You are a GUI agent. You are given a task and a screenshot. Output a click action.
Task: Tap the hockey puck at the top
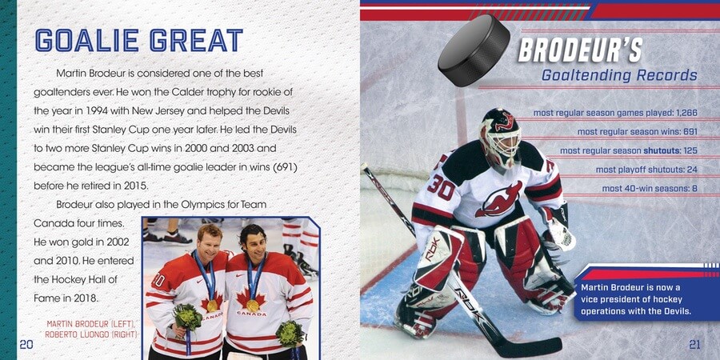click(474, 50)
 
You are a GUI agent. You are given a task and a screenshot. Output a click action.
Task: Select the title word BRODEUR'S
click(580, 50)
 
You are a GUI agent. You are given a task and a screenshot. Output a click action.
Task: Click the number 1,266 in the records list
click(687, 113)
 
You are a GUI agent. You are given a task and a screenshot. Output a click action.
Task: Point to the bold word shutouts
click(661, 150)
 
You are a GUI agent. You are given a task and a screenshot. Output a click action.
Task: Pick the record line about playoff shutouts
click(646, 170)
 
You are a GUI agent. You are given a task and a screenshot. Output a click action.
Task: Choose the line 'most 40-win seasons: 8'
click(650, 189)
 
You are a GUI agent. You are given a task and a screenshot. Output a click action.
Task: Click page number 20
click(26, 344)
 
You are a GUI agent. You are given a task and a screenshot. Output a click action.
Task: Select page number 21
click(694, 344)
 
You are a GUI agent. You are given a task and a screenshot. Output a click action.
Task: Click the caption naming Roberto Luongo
click(91, 334)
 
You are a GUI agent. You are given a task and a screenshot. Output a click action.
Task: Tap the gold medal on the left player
click(212, 306)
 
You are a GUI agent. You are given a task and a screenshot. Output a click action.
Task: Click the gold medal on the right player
click(253, 306)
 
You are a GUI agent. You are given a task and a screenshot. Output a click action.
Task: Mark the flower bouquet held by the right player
click(290, 334)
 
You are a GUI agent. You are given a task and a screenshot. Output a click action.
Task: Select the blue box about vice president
click(646, 294)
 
